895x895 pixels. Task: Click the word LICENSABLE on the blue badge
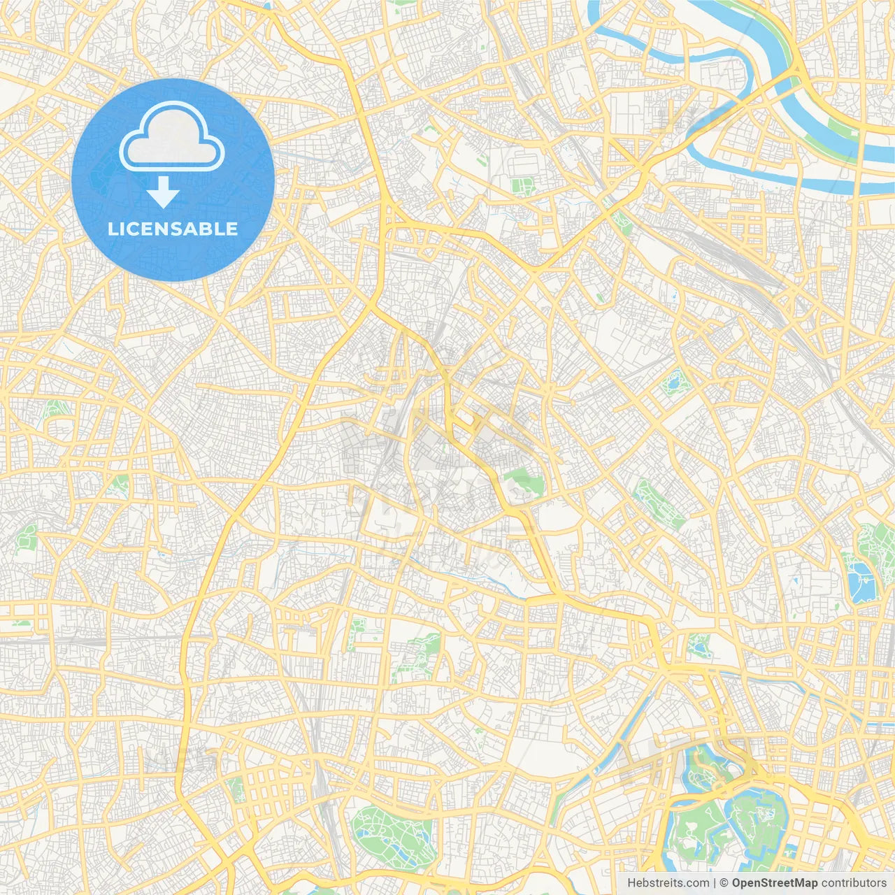pyautogui.click(x=173, y=229)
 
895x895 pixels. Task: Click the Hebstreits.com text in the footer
pyautogui.click(x=668, y=883)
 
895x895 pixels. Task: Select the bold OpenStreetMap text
pyautogui.click(x=774, y=883)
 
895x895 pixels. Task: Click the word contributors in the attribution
pyautogui.click(x=853, y=883)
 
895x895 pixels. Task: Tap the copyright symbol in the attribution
pyautogui.click(x=724, y=883)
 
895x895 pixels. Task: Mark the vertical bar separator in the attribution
pyautogui.click(x=715, y=883)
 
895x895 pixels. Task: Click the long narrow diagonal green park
pyautogui.click(x=658, y=504)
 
